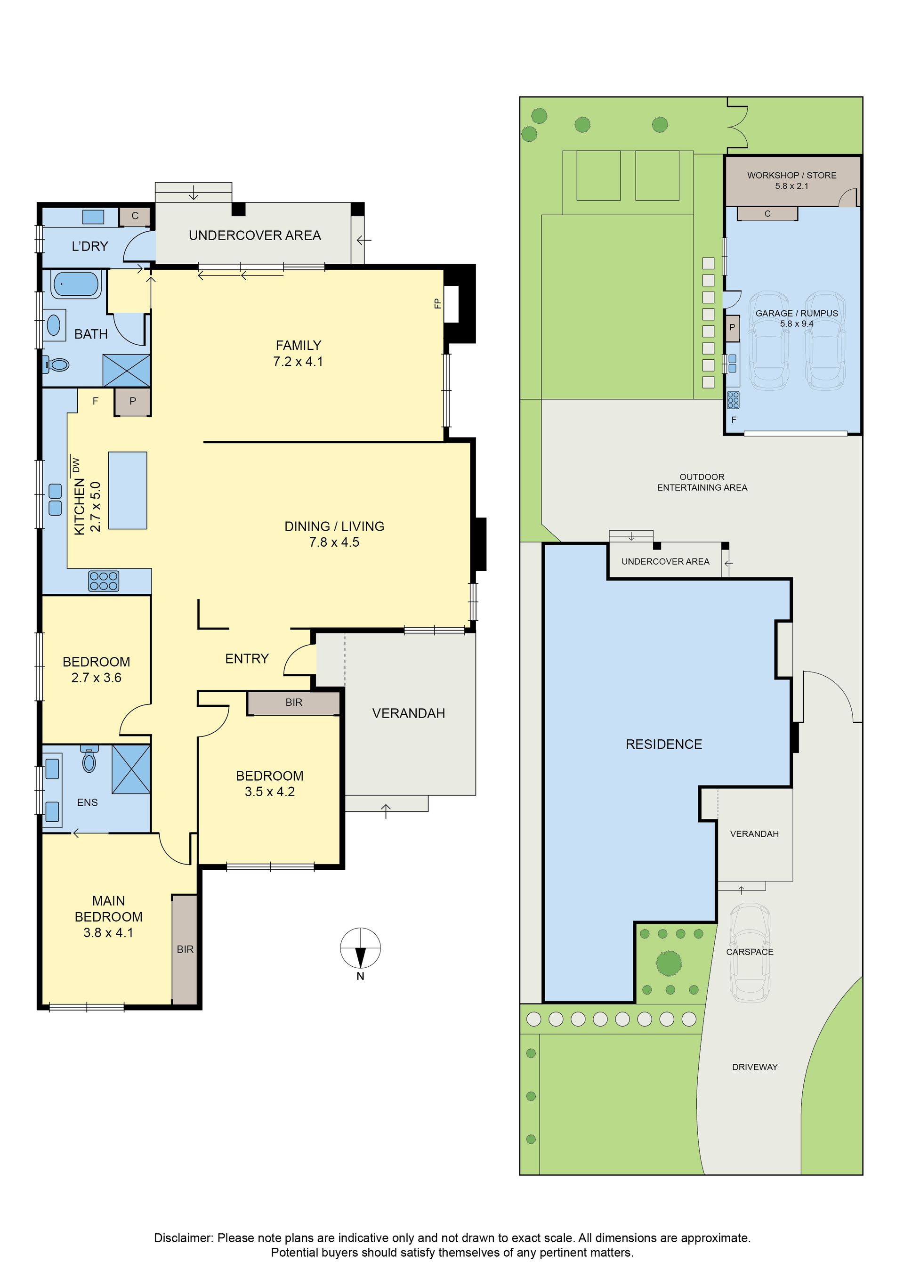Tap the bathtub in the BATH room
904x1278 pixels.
[76, 284]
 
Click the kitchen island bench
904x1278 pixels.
[128, 490]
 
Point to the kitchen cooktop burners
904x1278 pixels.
[104, 581]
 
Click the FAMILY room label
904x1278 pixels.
[299, 346]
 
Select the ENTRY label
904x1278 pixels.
[247, 658]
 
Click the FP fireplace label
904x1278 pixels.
[437, 304]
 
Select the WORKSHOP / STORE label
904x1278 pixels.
[791, 175]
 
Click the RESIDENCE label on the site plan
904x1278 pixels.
[663, 744]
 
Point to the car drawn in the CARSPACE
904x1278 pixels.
[750, 953]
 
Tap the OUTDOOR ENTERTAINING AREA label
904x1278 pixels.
[702, 482]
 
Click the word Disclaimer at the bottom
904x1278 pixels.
[183, 1238]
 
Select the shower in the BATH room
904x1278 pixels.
[126, 370]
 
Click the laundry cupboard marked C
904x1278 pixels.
[135, 217]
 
